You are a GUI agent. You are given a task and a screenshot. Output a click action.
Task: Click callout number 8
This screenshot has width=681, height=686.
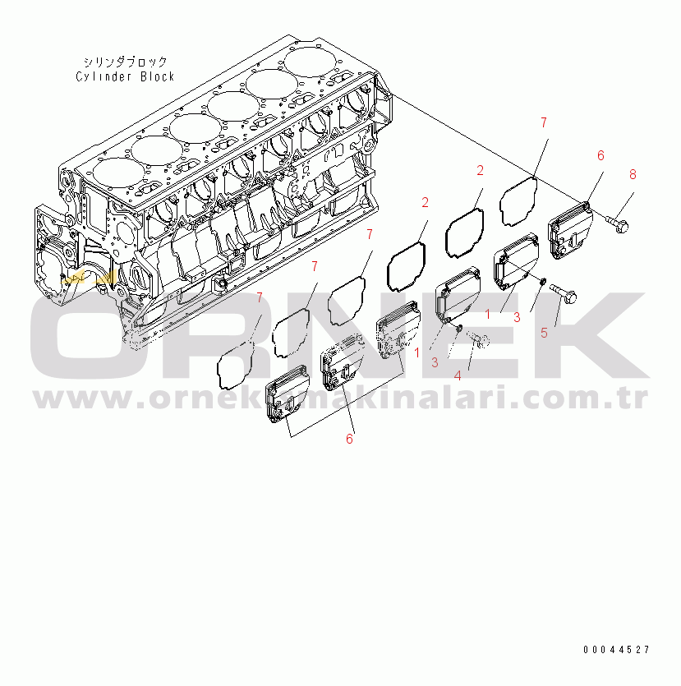coord(632,174)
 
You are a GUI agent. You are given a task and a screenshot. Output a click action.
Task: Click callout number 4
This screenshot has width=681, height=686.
coord(458,375)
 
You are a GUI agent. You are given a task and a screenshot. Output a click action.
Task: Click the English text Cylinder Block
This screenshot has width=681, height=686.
coord(125,76)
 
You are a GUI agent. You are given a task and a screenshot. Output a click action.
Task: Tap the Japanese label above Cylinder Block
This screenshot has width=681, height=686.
coord(125,62)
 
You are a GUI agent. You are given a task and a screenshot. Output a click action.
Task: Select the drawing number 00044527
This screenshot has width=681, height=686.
coord(616,650)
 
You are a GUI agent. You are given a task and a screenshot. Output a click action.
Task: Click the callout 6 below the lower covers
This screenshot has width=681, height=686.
coord(349,440)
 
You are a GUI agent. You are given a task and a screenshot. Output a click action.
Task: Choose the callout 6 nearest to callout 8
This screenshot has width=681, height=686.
coord(600,155)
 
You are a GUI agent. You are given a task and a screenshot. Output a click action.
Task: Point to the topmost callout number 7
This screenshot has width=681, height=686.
coord(543,122)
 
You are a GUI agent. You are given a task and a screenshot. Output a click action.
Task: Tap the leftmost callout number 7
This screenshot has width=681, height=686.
coord(260,297)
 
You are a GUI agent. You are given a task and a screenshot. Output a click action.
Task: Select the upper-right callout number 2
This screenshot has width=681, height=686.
coord(480,170)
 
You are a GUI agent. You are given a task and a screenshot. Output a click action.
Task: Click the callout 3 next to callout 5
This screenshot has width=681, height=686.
coord(517,316)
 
